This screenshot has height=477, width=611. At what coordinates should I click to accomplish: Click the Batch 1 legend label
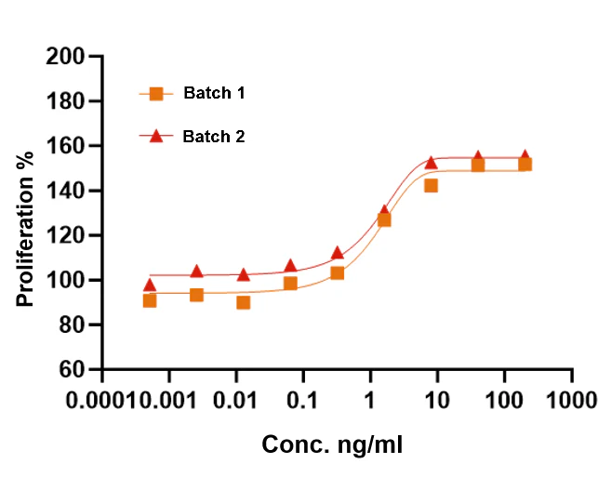[214, 93]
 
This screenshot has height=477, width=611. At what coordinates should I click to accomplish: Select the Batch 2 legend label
[214, 137]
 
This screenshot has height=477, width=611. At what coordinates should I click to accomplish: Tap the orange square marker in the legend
[156, 93]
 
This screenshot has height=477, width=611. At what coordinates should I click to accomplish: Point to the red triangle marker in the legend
[156, 136]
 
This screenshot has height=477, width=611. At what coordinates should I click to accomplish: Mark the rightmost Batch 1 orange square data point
[525, 165]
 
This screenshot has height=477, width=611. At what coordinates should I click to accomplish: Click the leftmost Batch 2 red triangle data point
[150, 285]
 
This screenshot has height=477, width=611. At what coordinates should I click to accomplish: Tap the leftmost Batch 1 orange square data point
[150, 300]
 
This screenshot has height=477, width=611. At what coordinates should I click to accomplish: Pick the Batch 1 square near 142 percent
[431, 186]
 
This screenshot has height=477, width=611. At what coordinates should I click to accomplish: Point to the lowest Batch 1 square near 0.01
[243, 302]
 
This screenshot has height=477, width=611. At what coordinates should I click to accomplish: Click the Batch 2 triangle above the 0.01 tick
[243, 274]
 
